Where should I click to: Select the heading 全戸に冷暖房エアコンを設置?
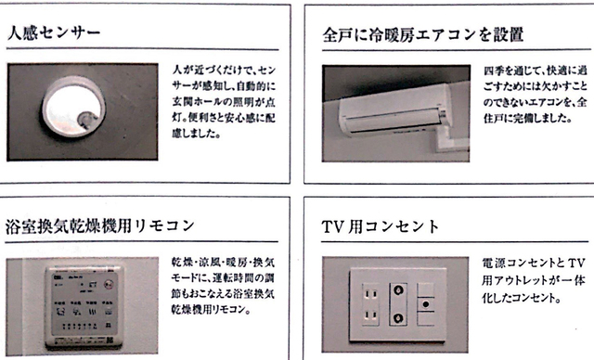pyautogui.click(x=422, y=35)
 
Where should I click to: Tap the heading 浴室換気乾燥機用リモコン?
pyautogui.click(x=103, y=225)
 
